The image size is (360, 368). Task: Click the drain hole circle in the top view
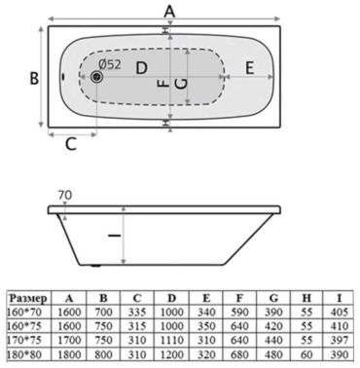pos(96,77)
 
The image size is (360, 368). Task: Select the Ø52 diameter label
pos(110,64)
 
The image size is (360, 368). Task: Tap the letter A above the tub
pos(169,12)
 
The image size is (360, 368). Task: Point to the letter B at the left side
pos(34,78)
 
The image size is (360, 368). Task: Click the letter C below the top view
pos(70,144)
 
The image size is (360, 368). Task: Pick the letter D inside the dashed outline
pos(142,68)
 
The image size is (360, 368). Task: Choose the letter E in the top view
pos(249,68)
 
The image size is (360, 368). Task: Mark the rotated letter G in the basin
pos(181,84)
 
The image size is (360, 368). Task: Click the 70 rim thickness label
pos(65,196)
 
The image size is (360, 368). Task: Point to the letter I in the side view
pos(114,236)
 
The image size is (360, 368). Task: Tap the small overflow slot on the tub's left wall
pos(62,77)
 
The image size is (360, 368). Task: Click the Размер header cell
pos(28,298)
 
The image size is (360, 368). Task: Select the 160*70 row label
pos(23,313)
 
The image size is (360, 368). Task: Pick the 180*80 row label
pos(24,354)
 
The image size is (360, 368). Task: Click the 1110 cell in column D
pos(172,340)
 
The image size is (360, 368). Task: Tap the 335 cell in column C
pos(137,313)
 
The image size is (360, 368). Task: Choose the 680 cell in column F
pos(239,354)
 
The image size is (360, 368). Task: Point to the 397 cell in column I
pos(340,340)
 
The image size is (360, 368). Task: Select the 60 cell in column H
pos(306,354)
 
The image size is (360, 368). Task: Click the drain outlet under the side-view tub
pos(95,266)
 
